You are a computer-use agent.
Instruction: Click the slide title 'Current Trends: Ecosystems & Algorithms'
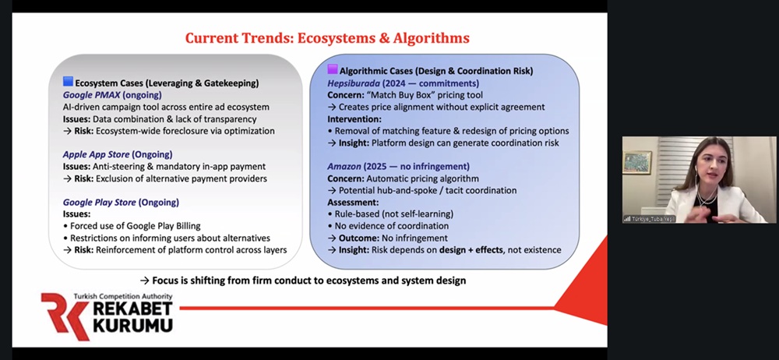click(x=327, y=38)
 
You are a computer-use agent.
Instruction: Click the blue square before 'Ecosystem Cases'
click(x=68, y=82)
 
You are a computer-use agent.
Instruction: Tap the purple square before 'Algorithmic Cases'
click(x=333, y=69)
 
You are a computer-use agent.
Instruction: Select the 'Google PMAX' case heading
click(x=92, y=95)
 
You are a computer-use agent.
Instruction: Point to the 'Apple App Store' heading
click(x=96, y=154)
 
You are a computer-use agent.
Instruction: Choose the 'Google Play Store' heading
click(x=100, y=203)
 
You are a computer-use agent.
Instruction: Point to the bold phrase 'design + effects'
click(x=471, y=250)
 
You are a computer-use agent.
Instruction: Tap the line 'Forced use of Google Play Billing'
click(x=132, y=226)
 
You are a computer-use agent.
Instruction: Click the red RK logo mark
click(x=65, y=316)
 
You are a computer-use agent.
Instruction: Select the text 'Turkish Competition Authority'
click(x=123, y=296)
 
